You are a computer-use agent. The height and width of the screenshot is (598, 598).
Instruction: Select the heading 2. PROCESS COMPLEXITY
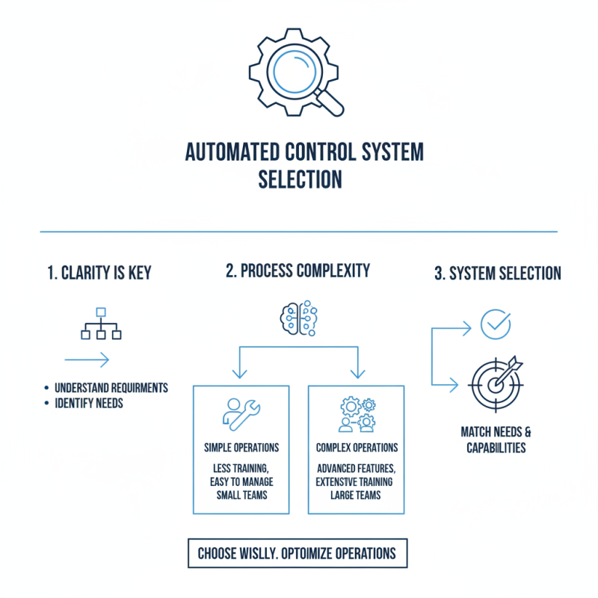[298, 271]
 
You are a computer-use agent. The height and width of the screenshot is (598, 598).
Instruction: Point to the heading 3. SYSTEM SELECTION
[497, 274]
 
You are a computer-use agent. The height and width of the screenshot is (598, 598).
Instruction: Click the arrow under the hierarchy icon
[87, 360]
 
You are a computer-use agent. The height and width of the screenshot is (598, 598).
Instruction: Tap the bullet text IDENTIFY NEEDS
[89, 404]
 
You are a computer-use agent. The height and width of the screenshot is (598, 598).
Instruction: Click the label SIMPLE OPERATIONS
[241, 448]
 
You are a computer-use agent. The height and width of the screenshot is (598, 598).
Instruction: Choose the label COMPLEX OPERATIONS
[357, 448]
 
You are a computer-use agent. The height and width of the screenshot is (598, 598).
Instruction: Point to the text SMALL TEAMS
[241, 495]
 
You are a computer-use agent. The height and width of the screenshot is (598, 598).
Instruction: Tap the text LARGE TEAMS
[357, 495]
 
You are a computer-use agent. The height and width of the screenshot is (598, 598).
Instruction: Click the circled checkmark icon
[494, 324]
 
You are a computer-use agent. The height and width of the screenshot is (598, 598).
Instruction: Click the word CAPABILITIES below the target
[496, 448]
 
